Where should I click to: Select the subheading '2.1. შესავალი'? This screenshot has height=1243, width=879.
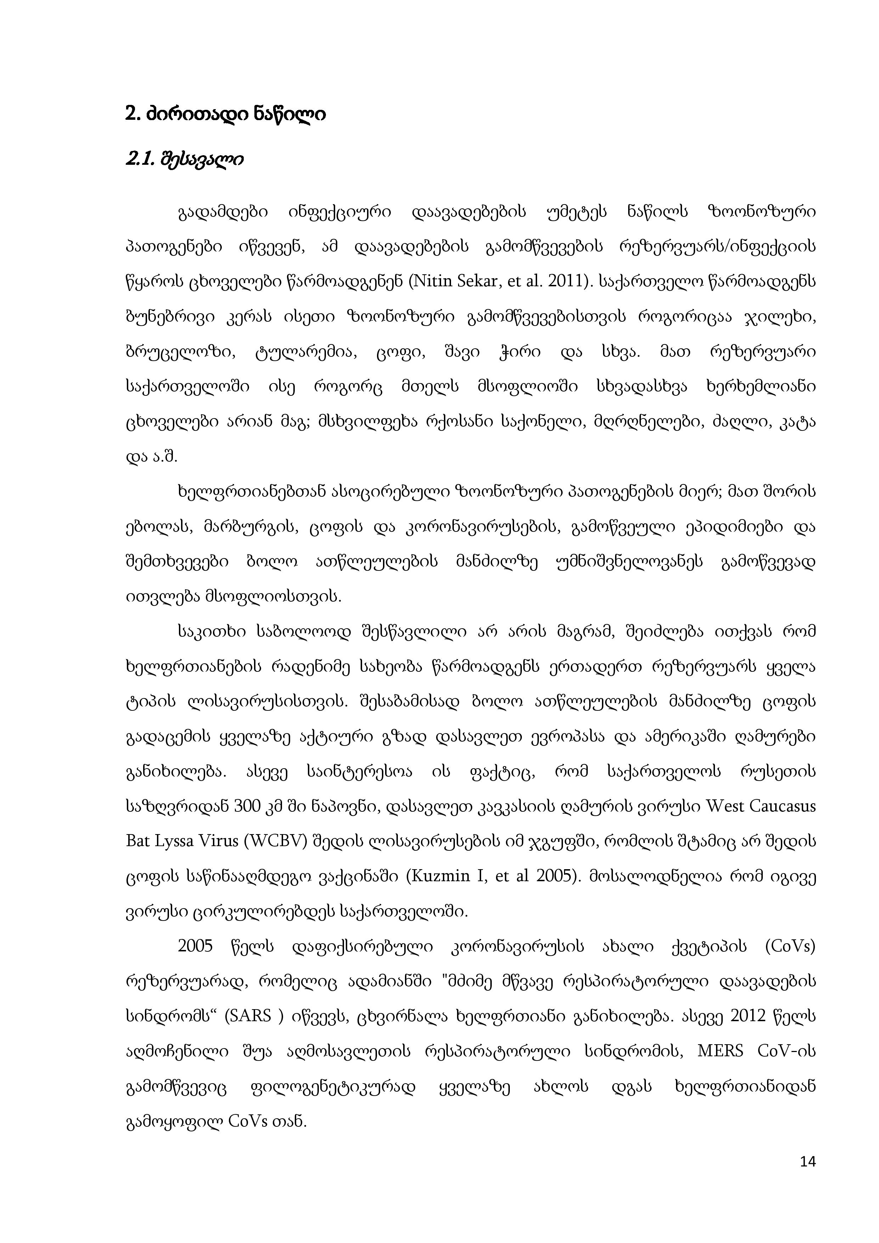click(x=184, y=160)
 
